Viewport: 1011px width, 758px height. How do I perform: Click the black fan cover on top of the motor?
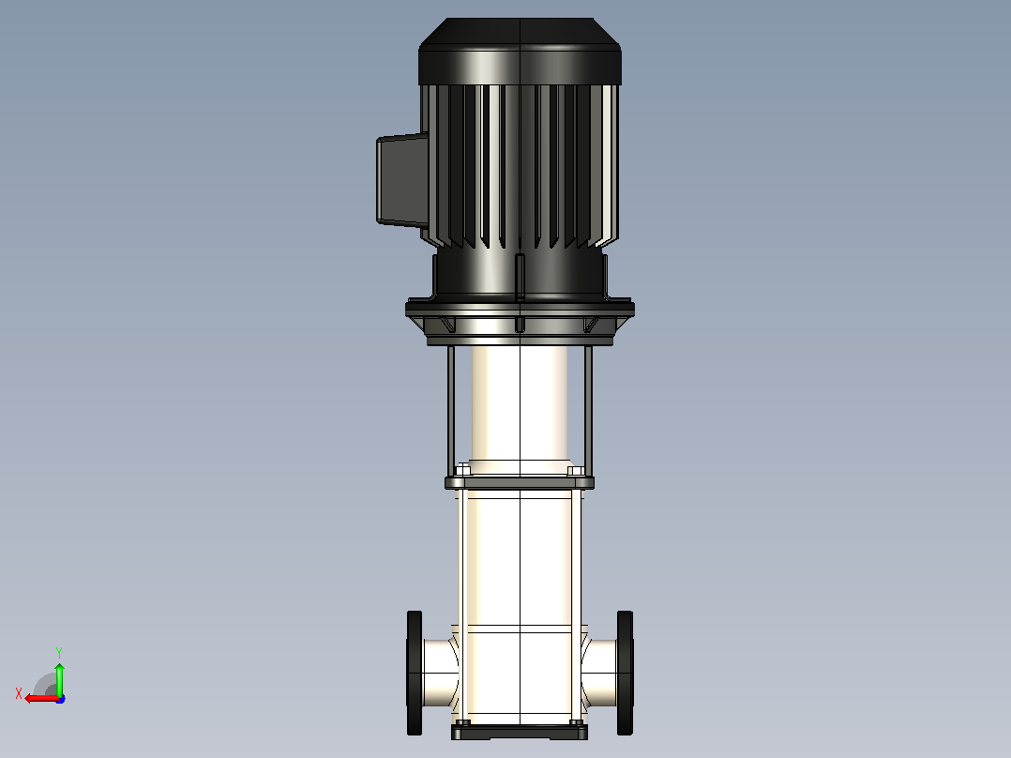[520, 52]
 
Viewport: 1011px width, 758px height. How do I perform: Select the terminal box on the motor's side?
[402, 180]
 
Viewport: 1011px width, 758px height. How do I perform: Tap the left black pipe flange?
[414, 673]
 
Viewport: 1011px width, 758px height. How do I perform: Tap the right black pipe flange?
[625, 673]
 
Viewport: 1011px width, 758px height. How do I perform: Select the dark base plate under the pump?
[520, 732]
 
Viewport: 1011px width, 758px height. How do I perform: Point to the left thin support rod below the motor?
[451, 409]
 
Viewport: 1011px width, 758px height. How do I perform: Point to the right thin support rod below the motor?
[588, 409]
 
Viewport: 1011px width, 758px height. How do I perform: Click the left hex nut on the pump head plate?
[463, 468]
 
